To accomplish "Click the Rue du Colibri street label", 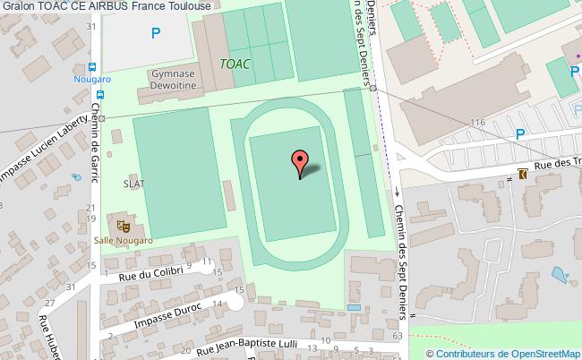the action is click(152, 275).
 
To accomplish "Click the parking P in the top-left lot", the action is click(157, 34).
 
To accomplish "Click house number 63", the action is click(398, 335).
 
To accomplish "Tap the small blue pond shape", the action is click(560, 273).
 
